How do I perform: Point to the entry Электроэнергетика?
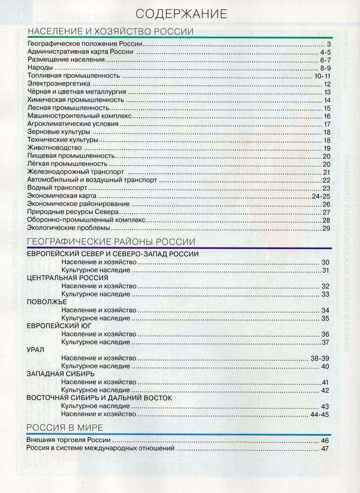(57, 84)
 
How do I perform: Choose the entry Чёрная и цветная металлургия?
(76, 92)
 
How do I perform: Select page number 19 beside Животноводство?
(327, 148)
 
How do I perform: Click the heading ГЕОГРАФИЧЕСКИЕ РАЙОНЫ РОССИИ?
(110, 242)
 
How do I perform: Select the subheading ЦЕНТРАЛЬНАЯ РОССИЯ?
(60, 278)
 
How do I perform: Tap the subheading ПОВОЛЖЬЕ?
(47, 302)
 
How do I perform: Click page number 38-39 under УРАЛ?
(321, 358)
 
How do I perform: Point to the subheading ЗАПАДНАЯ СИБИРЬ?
(60, 374)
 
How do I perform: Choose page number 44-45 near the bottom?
(321, 415)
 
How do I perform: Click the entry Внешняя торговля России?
(69, 440)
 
